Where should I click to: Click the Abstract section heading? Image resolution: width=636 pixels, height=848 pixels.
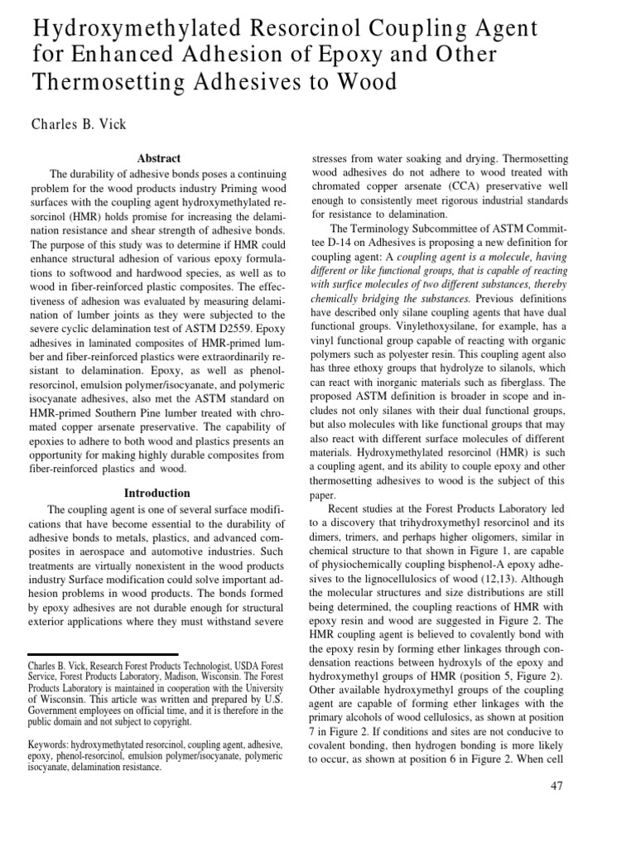pyautogui.click(x=157, y=158)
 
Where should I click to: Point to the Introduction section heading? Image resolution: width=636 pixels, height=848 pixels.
pyautogui.click(x=157, y=493)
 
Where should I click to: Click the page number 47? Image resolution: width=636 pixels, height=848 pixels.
pyautogui.click(x=556, y=786)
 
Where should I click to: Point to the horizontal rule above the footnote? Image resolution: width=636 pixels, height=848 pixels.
pyautogui.click(x=103, y=654)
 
